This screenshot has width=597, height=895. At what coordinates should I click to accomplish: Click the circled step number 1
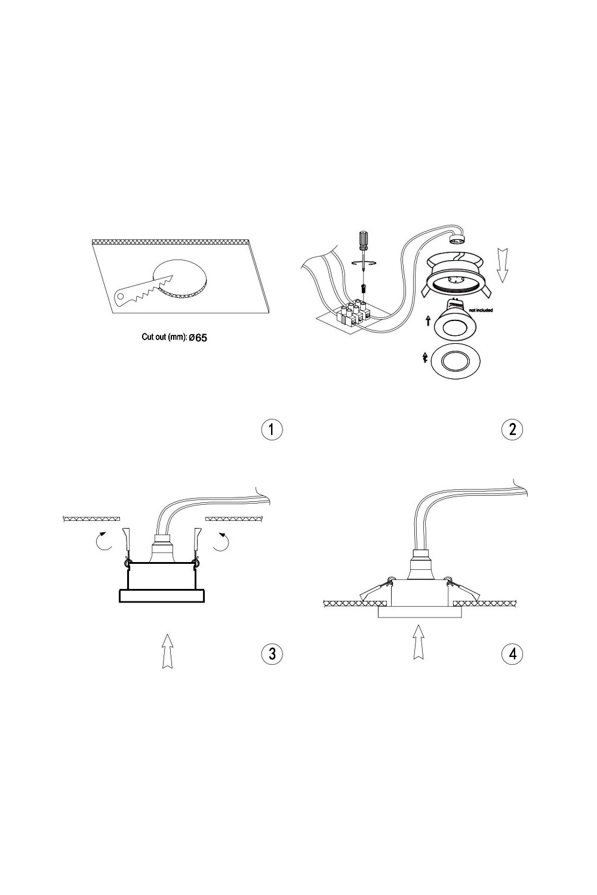pos(272,430)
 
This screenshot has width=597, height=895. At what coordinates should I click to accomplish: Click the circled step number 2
pos(512,430)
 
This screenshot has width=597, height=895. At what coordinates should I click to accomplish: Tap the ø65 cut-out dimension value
pos(198,338)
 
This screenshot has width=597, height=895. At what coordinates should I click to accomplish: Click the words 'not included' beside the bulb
pos(481,310)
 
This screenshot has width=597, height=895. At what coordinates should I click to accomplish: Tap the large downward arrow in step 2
pos(502,264)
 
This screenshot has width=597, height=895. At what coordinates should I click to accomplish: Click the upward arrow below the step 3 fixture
pos(168,651)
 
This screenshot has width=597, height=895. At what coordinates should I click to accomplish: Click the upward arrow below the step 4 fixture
pos(418,641)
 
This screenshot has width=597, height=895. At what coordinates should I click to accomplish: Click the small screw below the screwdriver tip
pos(364,288)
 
